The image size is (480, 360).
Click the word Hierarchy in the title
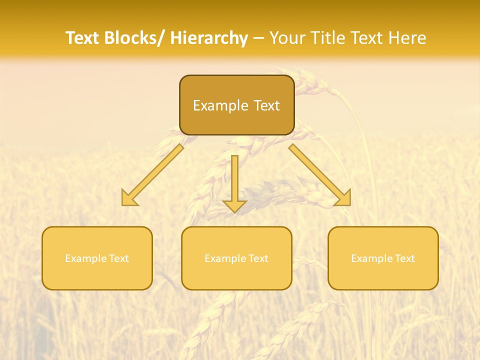click(x=209, y=38)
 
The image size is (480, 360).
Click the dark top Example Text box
click(x=236, y=105)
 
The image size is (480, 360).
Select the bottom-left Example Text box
click(x=97, y=258)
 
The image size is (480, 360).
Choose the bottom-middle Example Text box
click(x=236, y=258)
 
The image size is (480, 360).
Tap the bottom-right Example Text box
click(x=383, y=258)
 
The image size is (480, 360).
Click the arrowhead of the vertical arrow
click(x=234, y=205)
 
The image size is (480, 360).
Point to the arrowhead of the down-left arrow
click(x=129, y=198)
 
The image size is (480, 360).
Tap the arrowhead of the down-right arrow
click(x=343, y=198)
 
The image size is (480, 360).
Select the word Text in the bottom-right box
click(x=404, y=258)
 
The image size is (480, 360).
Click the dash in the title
click(x=258, y=38)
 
